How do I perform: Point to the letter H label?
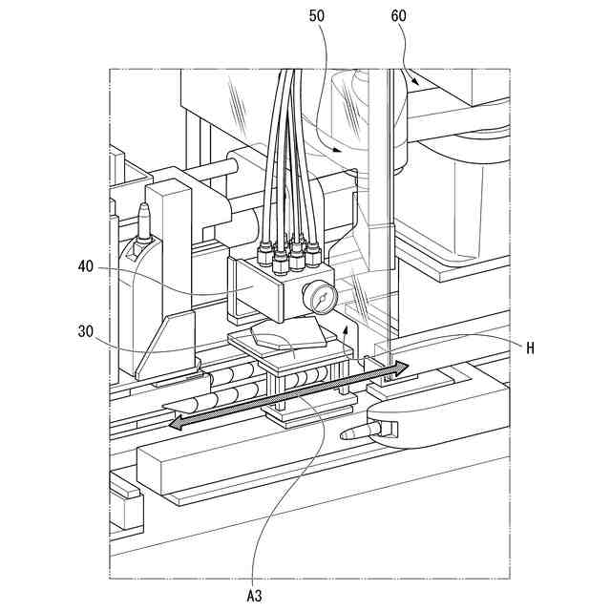pyautogui.click(x=530, y=348)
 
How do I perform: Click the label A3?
pyautogui.click(x=255, y=595)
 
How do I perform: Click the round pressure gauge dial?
pyautogui.click(x=323, y=300)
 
